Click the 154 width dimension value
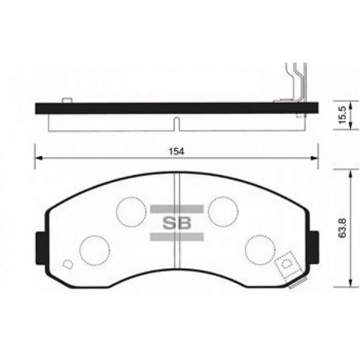coord(176,152)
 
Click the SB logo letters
coord(177,223)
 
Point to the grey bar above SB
coord(177,209)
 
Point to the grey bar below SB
coord(177,237)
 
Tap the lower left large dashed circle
coord(94,251)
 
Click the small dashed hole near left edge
coord(67,265)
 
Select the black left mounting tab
coord(40,249)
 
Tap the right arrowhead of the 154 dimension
coord(315,157)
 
